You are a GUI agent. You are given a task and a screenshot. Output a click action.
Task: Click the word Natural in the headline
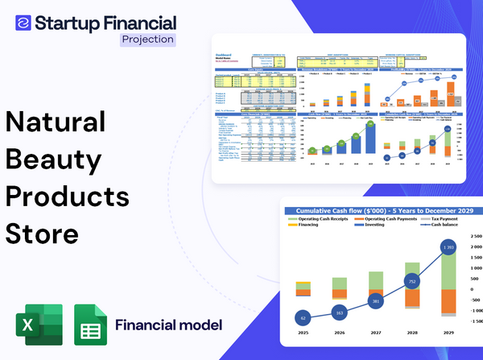56,122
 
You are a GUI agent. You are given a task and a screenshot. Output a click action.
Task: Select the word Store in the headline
42,234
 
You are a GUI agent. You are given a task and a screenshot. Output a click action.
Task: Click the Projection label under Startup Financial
147,39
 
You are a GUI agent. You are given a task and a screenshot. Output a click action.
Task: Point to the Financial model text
168,325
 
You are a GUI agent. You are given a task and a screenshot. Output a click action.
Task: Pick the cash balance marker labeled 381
374,301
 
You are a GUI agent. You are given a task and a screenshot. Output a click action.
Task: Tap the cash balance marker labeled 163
338,312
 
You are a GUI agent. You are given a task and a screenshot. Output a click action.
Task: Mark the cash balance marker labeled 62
303,317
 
